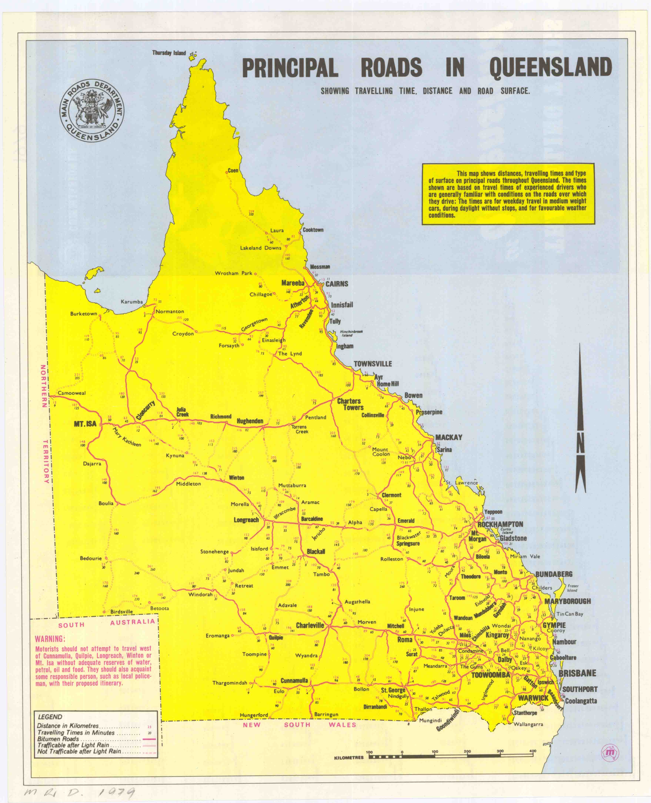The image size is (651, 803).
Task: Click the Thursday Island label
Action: (x=169, y=53)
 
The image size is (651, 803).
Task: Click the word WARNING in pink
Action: (x=50, y=639)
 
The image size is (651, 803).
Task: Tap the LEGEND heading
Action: (x=50, y=717)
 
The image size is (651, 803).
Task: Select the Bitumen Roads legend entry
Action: (x=58, y=739)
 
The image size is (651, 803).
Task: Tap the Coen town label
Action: (x=233, y=171)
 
